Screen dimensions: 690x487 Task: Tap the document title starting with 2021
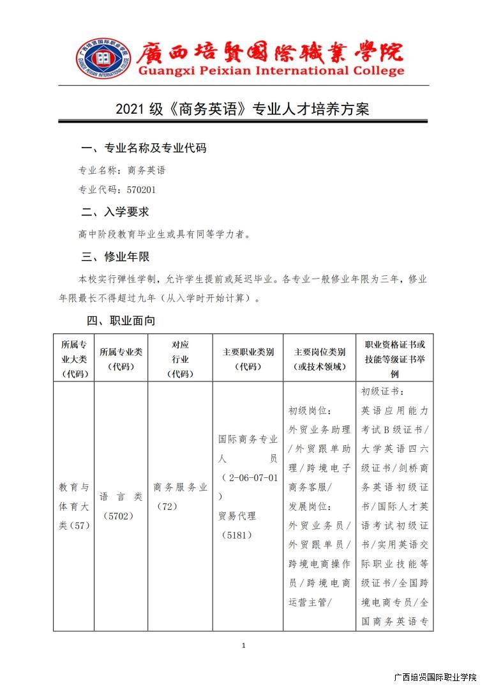[243, 109]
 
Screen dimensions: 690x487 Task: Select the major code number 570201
[141, 190]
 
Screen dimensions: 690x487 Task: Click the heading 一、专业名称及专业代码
[144, 148]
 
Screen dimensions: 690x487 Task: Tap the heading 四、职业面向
[121, 320]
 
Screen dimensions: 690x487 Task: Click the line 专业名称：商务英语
[121, 171]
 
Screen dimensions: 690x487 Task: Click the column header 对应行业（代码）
[180, 359]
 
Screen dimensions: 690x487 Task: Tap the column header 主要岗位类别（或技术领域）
[319, 359]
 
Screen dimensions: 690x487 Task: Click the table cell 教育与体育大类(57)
[74, 506]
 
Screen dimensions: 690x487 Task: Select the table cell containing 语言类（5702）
[121, 506]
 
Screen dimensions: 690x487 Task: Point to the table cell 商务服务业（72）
[180, 496]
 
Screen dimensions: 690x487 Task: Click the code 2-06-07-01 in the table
[250, 477]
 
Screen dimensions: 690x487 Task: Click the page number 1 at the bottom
[243, 646]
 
